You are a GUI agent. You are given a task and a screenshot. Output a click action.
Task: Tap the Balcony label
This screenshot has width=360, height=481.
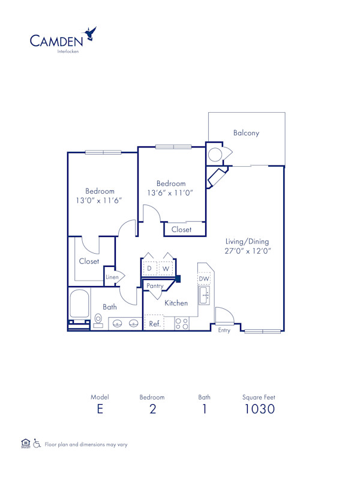point(246,133)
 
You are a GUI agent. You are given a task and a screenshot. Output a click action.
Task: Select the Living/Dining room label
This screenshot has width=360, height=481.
point(247,242)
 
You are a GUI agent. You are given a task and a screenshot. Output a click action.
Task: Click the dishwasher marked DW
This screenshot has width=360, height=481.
point(204,279)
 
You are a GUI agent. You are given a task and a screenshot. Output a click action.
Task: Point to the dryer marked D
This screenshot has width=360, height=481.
point(149,268)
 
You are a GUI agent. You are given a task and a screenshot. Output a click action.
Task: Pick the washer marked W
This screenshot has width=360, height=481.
point(166,268)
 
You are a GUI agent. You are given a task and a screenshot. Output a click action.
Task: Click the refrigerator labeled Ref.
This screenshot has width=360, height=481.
point(154,324)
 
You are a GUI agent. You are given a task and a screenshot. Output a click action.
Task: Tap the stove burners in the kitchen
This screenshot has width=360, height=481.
point(181,324)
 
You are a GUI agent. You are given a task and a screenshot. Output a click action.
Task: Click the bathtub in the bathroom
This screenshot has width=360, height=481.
point(79,305)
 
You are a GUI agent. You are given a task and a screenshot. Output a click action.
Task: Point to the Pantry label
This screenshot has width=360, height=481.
point(155,287)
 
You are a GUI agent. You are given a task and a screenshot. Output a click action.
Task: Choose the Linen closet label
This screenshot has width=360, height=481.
point(112,277)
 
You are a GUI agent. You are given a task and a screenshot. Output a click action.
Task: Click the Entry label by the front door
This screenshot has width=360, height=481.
point(224,330)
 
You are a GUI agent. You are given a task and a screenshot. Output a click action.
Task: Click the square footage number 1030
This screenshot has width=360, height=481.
point(259,410)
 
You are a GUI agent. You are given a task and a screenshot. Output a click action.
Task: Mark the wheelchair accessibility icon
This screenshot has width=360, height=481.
point(37,444)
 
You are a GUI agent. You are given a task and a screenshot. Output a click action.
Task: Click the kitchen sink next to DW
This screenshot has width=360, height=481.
point(205,294)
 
